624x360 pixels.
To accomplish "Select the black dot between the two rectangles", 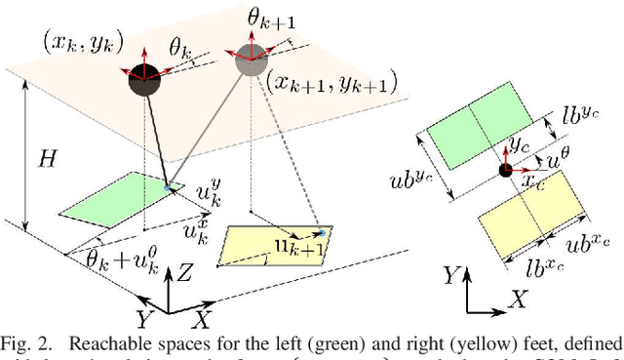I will (x=504, y=171).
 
